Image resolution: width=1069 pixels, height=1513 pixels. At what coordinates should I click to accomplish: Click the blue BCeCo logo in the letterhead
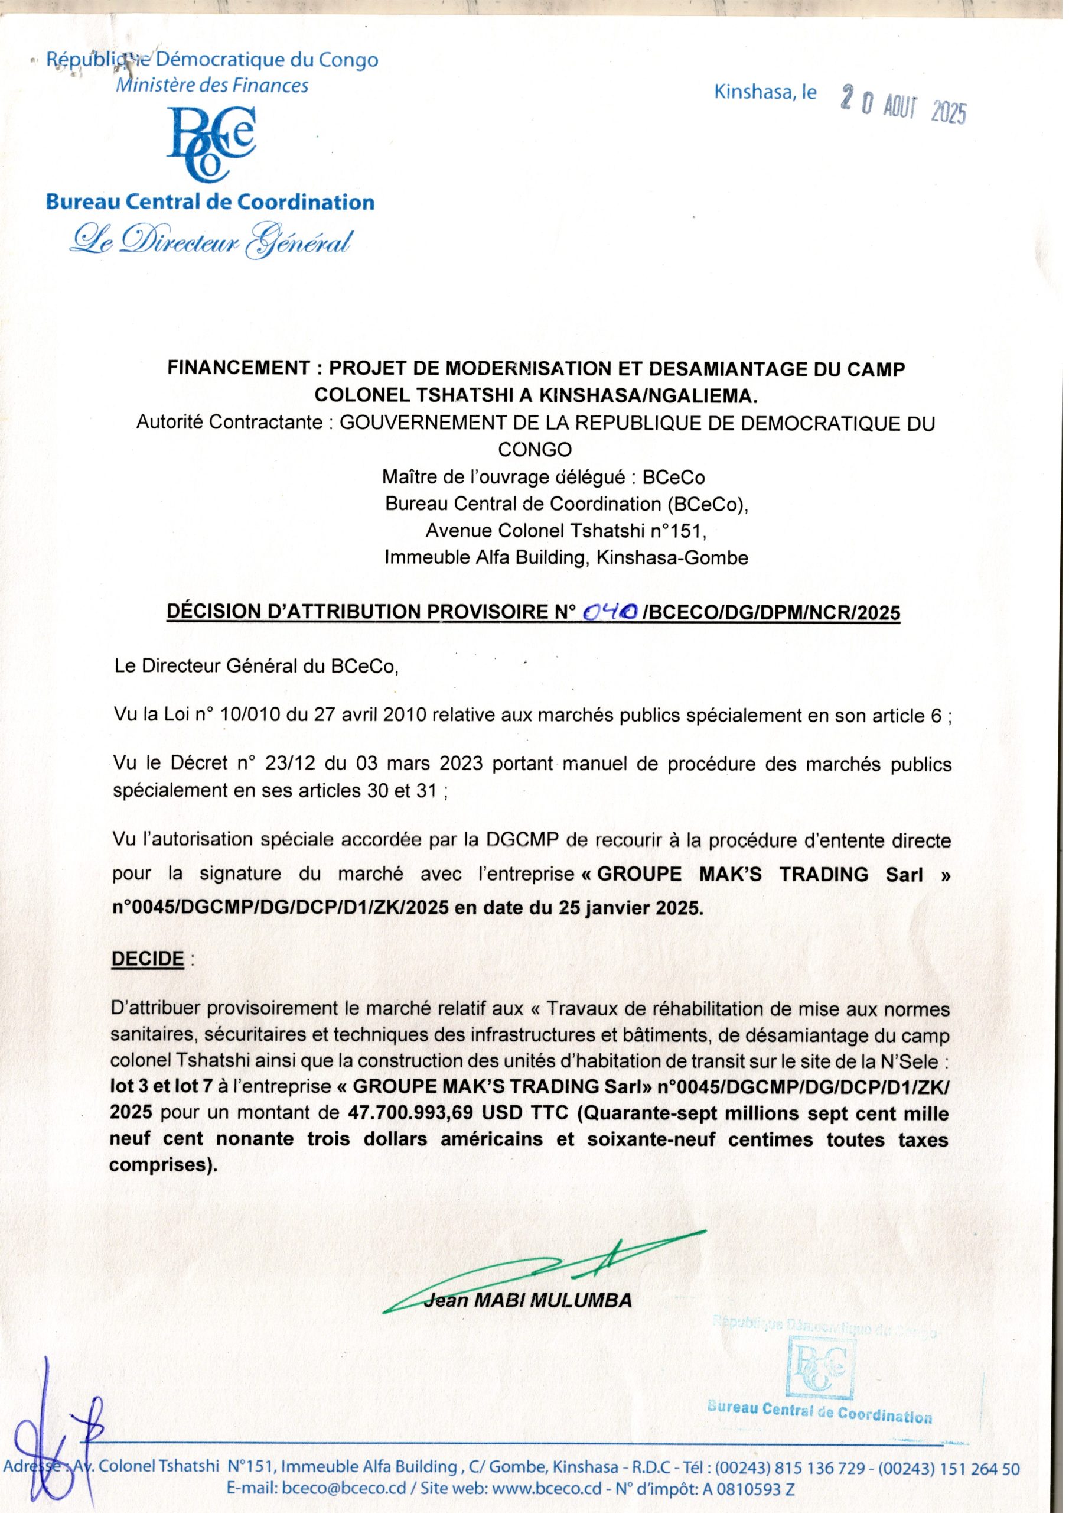coord(210,142)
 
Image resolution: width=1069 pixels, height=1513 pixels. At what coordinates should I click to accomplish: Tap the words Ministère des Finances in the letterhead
coord(211,85)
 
